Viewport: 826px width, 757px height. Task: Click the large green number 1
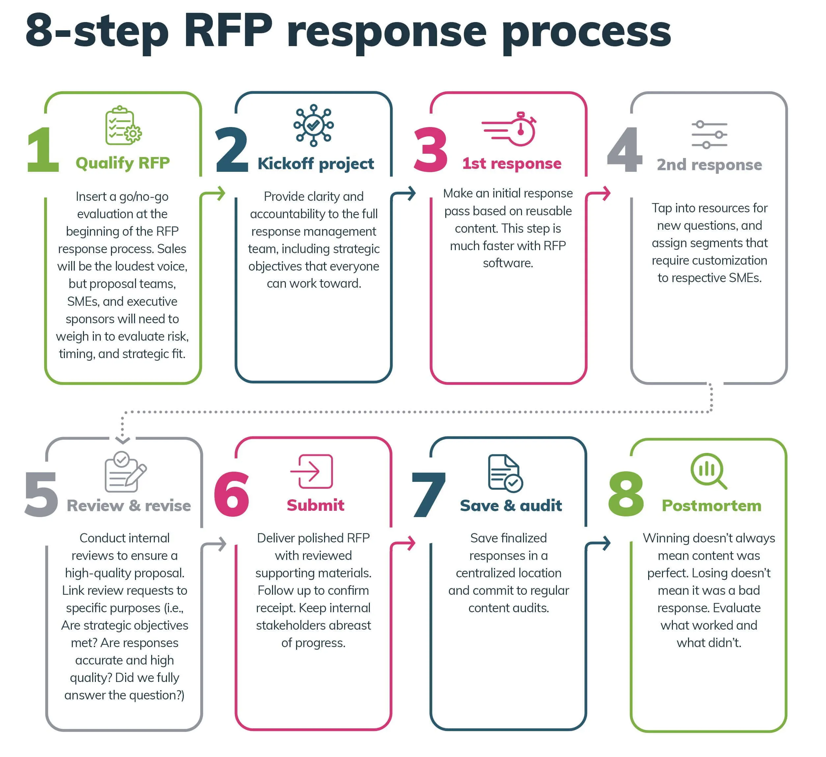pos(43,150)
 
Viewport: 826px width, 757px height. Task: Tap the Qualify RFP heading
pos(123,163)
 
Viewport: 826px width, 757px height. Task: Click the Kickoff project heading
pos(315,164)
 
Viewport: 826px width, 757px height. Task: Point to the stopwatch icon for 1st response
pos(509,129)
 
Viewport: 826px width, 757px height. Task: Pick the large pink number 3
pos(430,150)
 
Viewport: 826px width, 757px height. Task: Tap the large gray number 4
pos(624,150)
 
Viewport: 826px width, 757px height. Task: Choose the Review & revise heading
pos(129,506)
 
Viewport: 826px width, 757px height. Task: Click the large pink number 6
pos(232,494)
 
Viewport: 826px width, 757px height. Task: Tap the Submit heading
pos(315,505)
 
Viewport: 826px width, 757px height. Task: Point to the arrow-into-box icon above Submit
pos(312,472)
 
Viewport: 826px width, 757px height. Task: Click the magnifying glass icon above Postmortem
pos(708,471)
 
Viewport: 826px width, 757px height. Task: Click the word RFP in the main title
pos(228,31)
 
